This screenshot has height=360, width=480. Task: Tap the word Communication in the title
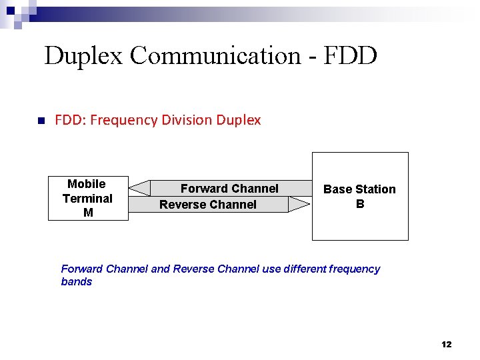(x=215, y=55)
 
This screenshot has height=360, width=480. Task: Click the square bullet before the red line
(x=40, y=121)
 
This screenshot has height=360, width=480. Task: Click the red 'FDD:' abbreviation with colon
(x=70, y=120)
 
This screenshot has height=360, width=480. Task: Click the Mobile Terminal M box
(x=88, y=198)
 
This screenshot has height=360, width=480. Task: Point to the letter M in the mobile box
(x=88, y=213)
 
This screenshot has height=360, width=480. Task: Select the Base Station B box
(x=360, y=196)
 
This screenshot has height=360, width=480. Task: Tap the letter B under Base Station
(x=360, y=204)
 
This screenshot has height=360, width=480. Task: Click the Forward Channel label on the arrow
(x=229, y=189)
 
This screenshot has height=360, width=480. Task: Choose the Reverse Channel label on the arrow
(x=208, y=205)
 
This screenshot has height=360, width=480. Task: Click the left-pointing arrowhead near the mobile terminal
(x=139, y=188)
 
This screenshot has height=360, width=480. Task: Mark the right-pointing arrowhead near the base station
(x=299, y=205)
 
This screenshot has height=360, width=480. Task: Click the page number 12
(x=447, y=344)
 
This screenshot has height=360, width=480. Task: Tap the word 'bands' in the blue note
(x=77, y=282)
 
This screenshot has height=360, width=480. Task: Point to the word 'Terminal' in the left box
(x=87, y=198)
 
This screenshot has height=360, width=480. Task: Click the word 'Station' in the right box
(x=376, y=189)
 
